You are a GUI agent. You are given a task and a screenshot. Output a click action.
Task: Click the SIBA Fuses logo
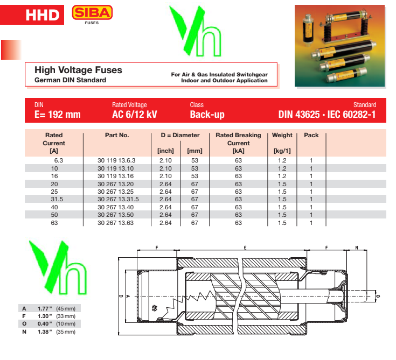tap(92, 15)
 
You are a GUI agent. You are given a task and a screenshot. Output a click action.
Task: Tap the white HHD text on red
tap(43, 15)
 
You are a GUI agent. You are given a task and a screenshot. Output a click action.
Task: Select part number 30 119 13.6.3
tap(116, 160)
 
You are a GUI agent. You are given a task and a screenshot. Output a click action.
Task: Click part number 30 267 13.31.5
tap(118, 199)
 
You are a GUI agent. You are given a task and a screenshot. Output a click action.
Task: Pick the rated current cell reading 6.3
tap(58, 160)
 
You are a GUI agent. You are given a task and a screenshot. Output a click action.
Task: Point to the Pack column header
tap(311, 135)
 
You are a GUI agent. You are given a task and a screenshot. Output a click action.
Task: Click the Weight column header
tap(282, 135)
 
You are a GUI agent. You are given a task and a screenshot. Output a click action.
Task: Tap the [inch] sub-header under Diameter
tap(165, 151)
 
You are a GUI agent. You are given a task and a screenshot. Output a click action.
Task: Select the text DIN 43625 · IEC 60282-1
tap(327, 115)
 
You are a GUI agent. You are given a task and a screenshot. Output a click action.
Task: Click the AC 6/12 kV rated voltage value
tap(135, 115)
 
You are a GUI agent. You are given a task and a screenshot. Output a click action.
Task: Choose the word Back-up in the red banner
tap(207, 115)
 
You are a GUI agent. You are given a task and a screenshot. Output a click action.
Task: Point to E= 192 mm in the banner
tap(58, 115)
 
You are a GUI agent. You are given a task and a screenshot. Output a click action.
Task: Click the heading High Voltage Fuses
tap(78, 70)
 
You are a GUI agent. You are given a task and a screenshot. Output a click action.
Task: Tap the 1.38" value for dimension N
tap(45, 331)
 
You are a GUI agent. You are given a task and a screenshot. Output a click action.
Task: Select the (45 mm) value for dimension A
tap(66, 308)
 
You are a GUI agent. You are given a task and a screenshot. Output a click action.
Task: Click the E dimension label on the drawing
tap(245, 248)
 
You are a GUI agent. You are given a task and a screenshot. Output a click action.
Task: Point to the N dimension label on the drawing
tap(357, 248)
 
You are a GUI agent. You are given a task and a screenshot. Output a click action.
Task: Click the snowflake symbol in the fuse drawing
tap(155, 308)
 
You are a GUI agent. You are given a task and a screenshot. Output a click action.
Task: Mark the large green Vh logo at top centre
tap(196, 31)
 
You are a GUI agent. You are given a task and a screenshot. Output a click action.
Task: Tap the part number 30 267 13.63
tap(115, 223)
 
